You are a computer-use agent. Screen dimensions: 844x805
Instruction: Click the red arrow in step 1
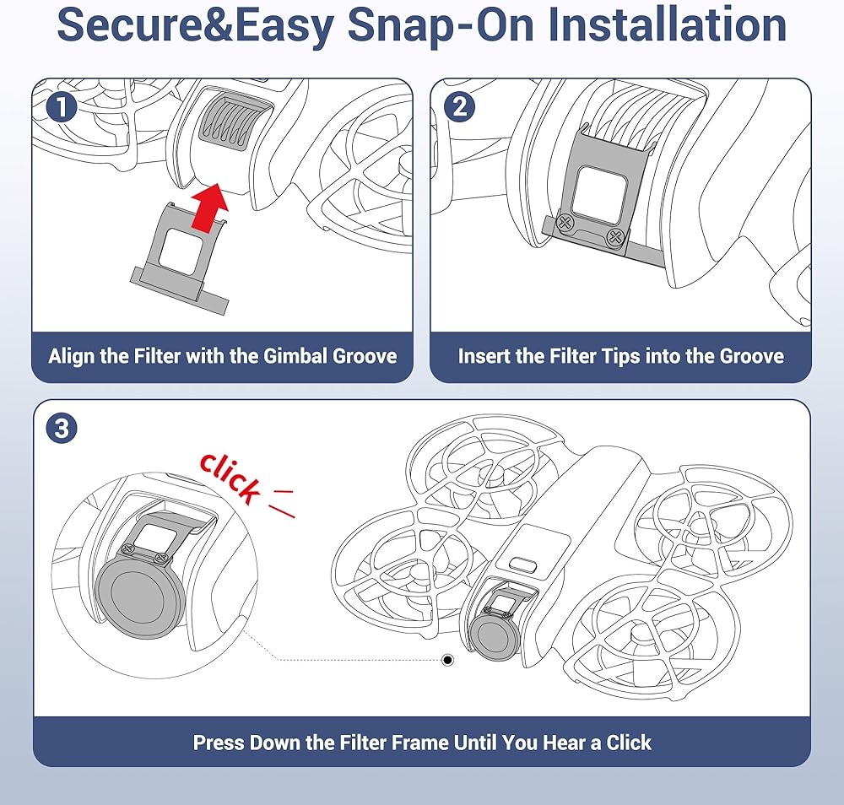pos(211,208)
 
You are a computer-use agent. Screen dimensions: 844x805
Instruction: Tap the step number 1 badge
pos(62,106)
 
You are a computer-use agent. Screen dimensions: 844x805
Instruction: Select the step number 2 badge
pos(460,106)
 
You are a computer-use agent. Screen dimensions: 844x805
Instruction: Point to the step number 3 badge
pos(62,429)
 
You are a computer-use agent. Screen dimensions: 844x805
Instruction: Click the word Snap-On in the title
pos(441,26)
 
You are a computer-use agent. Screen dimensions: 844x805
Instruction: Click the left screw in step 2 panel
pos(565,222)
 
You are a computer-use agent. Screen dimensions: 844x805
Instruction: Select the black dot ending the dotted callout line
pos(447,660)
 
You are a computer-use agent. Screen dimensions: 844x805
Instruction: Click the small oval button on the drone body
pos(522,565)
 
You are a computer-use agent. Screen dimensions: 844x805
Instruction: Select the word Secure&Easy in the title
pos(196,26)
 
